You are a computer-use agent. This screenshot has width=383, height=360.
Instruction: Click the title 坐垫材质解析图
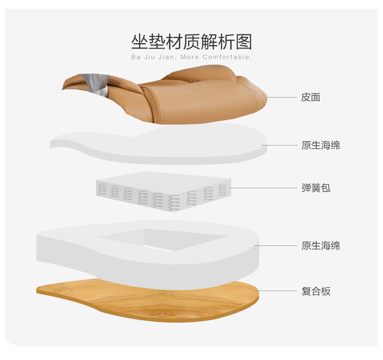[191, 42]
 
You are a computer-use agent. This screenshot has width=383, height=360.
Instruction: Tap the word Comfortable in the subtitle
[227, 57]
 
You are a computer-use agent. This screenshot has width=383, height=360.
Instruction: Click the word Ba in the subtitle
[135, 57]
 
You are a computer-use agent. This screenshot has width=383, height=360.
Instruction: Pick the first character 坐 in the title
[140, 42]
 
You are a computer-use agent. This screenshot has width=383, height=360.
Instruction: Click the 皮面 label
[311, 98]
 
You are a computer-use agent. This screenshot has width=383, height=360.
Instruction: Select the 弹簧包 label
[316, 188]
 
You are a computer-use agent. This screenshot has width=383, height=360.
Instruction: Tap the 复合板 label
[316, 292]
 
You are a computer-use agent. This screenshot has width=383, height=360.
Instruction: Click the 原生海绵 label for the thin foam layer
[320, 145]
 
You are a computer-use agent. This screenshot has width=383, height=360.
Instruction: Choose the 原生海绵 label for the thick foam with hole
[320, 245]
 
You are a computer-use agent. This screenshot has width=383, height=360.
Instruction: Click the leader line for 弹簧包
[264, 188]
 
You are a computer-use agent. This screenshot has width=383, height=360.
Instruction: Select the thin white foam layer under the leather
[160, 143]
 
